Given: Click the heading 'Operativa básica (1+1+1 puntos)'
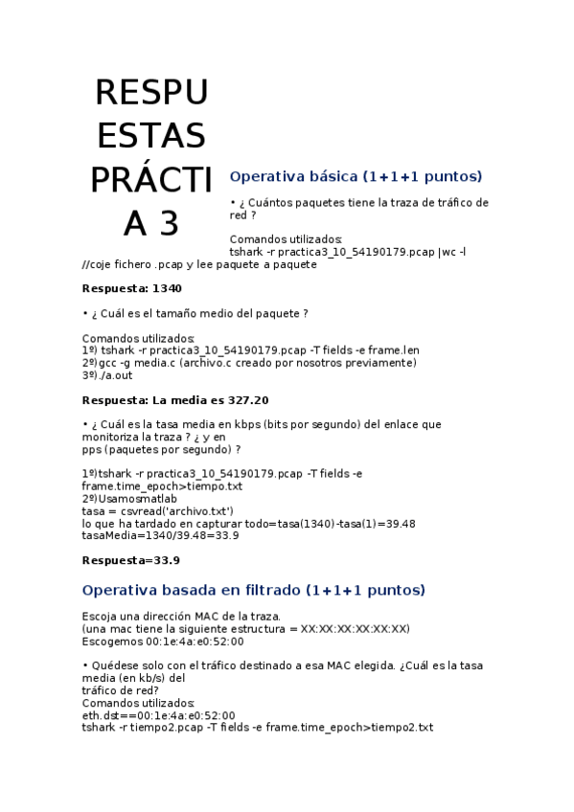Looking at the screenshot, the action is tap(356, 177).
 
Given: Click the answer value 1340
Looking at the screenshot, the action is tap(167, 288).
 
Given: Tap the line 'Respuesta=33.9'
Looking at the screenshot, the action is tap(131, 560).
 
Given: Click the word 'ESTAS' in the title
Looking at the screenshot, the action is tap(151, 136).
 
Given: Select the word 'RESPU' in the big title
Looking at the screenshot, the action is tap(151, 93).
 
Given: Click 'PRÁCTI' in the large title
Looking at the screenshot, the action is tap(151, 179).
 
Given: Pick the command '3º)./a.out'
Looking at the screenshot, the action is tap(107, 375).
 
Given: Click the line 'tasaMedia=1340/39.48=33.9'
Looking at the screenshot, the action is tap(160, 536).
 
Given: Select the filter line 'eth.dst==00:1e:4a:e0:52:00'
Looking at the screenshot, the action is tap(158, 715).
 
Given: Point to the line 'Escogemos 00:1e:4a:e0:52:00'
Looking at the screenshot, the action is tap(164, 641).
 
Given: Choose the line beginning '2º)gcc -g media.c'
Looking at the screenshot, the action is tap(249, 363).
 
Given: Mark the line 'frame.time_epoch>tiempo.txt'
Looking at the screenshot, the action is tap(162, 486).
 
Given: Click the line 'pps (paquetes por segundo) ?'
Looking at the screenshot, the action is tap(161, 449).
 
